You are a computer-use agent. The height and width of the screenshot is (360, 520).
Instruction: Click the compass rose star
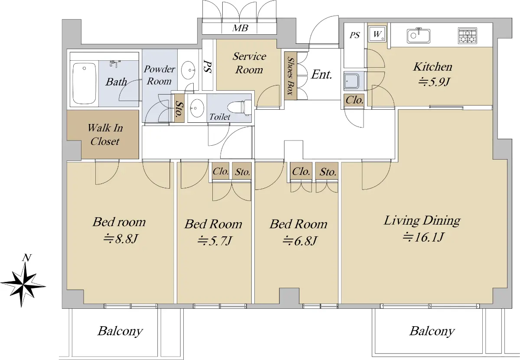pos(23,286)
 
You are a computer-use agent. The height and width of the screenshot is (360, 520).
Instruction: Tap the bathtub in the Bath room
pos(84,83)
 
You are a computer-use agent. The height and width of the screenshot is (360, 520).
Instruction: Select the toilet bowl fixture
pos(239,108)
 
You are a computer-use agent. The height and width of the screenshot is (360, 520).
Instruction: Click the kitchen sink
pos(419,36)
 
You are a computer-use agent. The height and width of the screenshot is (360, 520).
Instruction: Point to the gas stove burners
pos(468,36)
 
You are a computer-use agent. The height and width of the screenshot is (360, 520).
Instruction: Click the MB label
pos(240,28)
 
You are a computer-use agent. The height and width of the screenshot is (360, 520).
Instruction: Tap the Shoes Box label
pos(290,76)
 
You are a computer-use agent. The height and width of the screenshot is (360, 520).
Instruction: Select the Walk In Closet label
pos(105,134)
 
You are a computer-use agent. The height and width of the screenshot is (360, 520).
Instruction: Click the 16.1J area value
pos(423,237)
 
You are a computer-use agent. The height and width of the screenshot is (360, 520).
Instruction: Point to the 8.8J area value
pos(121,239)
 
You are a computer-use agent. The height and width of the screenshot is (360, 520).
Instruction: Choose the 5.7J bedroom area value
pos(214,241)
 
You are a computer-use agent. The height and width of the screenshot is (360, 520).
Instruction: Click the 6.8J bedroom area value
pos(299,241)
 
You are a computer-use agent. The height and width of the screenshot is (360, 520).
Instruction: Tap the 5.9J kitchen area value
pos(434,82)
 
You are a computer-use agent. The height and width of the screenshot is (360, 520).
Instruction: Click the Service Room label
pos(249,63)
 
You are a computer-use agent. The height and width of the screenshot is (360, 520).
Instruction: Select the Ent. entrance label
pos(322,75)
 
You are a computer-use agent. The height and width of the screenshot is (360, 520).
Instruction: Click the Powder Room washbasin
pos(188,70)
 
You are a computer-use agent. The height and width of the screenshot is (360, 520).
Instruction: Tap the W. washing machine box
pos(377,34)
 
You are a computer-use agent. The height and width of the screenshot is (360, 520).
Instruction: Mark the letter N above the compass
pos(27,258)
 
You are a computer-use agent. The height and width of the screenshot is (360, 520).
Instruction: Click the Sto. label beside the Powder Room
pos(179,108)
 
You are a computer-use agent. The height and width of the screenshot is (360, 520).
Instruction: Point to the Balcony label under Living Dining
pos(432,331)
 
